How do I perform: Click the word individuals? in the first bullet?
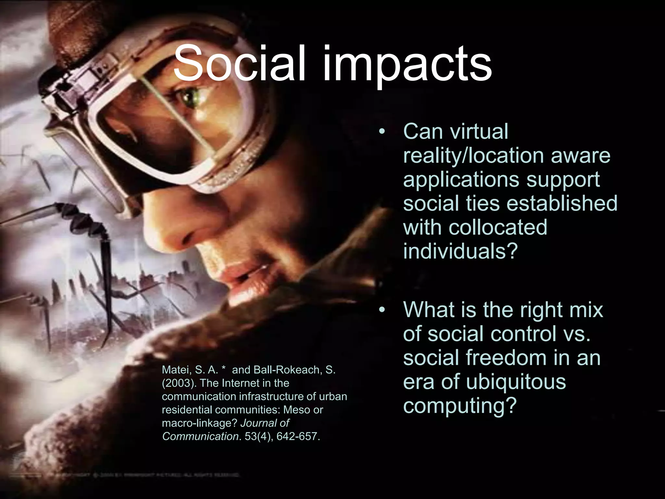(459, 251)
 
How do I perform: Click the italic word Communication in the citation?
(200, 436)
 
